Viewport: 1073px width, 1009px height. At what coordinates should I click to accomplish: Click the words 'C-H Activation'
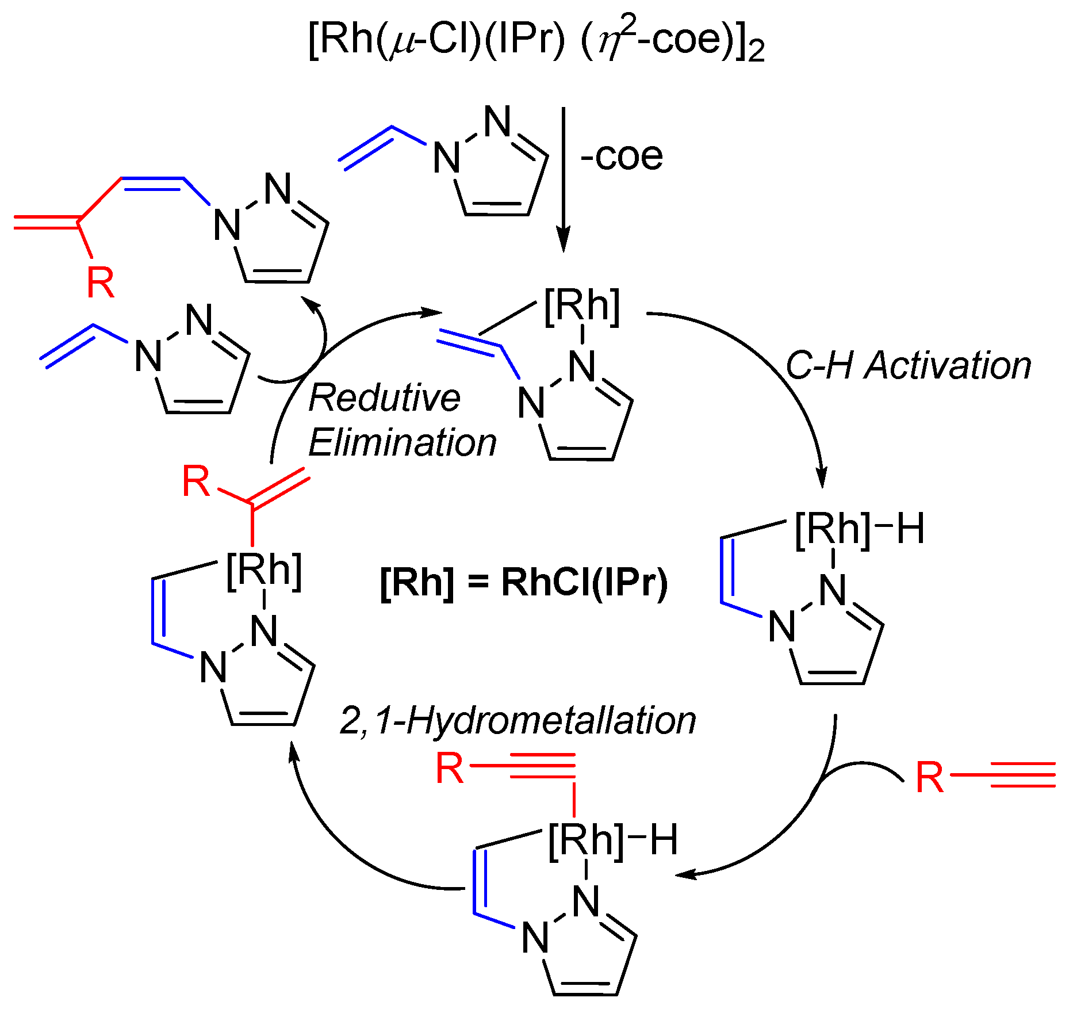point(908,366)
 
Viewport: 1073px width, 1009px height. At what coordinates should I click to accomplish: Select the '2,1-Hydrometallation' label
point(518,720)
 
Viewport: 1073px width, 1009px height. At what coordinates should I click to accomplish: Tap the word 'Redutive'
point(384,398)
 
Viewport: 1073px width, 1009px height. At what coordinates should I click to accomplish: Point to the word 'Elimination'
point(403,443)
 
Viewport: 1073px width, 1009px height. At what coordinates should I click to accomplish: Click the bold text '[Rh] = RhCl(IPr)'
point(524,582)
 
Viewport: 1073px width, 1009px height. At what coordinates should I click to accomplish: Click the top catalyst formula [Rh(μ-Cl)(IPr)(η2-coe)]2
point(536,40)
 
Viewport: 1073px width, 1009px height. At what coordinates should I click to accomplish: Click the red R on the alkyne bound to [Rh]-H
point(450,768)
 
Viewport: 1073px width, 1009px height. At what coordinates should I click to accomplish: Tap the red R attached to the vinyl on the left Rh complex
point(196,482)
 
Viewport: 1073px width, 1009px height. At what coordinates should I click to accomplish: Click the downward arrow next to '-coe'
point(564,178)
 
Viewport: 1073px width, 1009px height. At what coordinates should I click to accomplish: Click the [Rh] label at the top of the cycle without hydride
point(582,307)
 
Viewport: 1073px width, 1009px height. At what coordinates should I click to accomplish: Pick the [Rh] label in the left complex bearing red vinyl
point(264,572)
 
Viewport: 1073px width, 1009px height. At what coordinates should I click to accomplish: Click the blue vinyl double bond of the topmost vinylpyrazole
point(366,148)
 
